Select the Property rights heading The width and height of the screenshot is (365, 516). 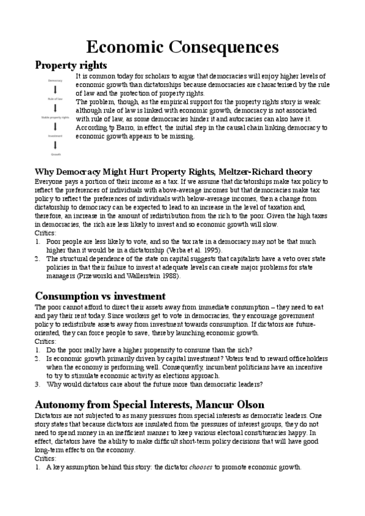tap(71, 64)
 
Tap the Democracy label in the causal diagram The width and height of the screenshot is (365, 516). tap(55, 80)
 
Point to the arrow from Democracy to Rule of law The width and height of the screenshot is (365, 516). tap(55, 89)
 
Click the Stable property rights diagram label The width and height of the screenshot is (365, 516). tap(55, 117)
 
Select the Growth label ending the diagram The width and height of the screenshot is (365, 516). tap(55, 155)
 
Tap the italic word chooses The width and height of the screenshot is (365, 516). tap(203, 467)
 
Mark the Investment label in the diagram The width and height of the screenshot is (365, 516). tap(55, 136)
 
